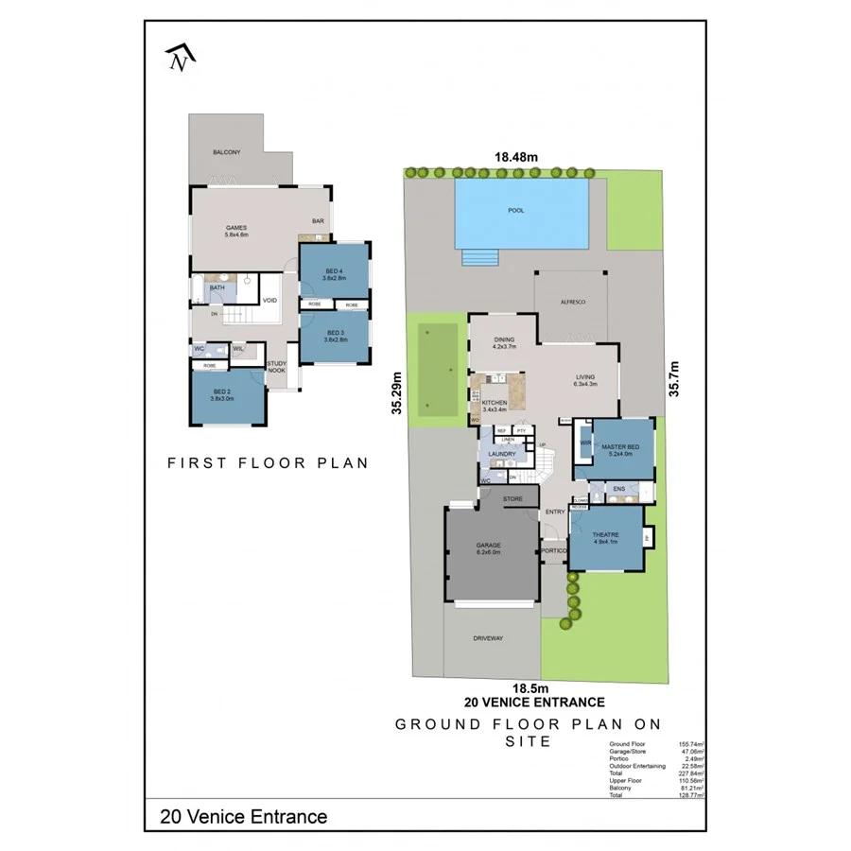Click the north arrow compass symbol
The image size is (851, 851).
179,59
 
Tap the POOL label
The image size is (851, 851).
515,210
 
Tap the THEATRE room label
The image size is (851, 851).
605,537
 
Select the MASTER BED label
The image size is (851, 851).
620,447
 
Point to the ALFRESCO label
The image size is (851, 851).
574,301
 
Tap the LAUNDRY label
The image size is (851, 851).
501,454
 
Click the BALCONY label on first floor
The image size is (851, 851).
226,152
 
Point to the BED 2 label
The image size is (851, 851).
223,395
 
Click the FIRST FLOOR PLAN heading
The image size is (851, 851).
268,463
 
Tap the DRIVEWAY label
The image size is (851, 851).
488,639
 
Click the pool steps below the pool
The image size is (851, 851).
479,259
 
